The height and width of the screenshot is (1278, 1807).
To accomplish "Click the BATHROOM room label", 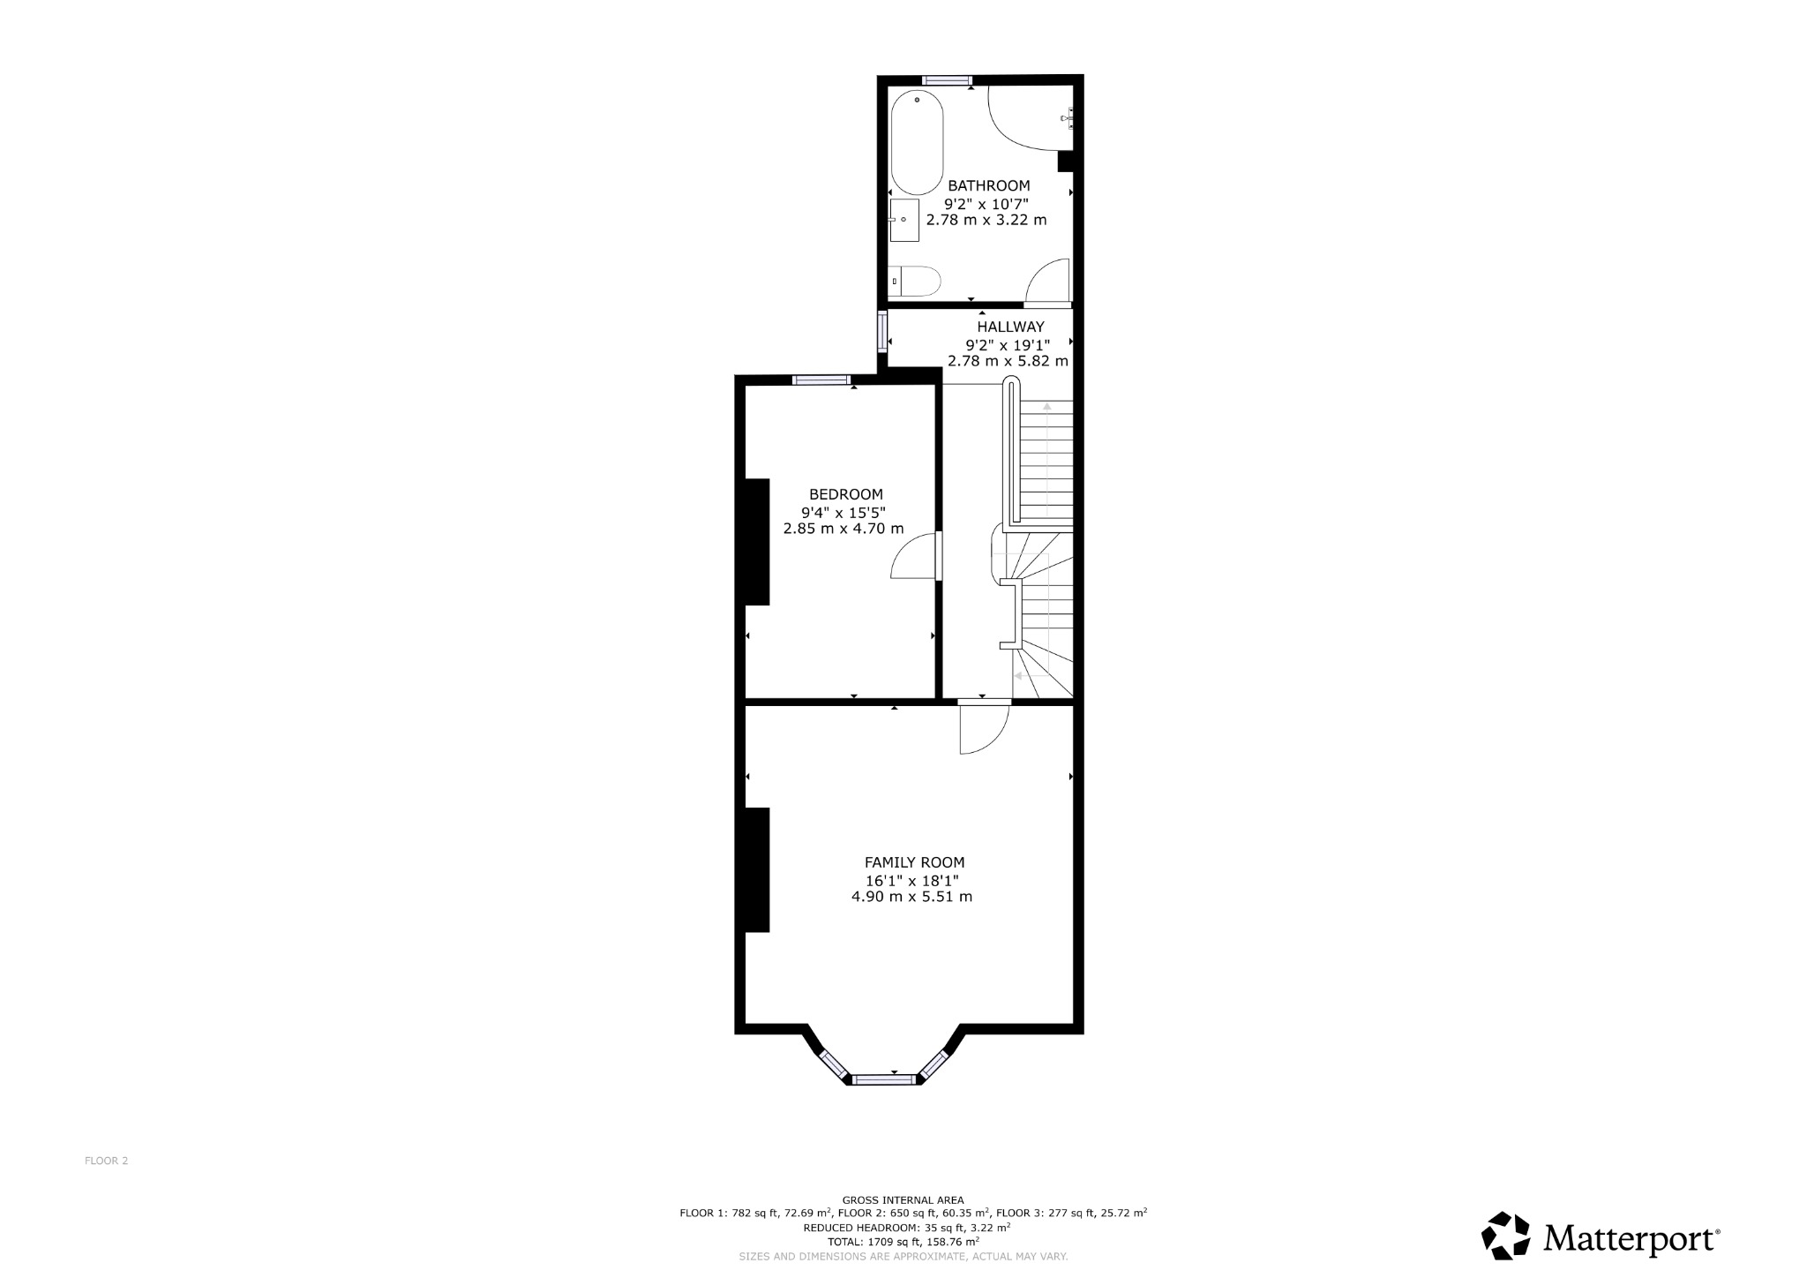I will tap(988, 186).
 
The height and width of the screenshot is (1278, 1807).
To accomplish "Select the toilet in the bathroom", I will tap(914, 282).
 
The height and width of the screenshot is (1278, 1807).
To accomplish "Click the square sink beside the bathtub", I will tap(904, 220).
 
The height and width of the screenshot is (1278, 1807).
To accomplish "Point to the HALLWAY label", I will tap(1010, 327).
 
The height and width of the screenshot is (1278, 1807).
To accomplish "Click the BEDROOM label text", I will tap(845, 494).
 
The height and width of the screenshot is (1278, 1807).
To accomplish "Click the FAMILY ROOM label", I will tap(914, 862).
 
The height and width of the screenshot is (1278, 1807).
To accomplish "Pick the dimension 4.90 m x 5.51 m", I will tap(911, 897).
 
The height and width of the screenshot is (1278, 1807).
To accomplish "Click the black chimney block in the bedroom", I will tap(757, 541).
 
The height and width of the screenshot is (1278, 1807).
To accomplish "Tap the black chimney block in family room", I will tap(757, 869).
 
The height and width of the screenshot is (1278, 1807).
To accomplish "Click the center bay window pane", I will tap(884, 1079).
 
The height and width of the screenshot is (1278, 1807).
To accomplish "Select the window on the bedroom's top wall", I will tap(821, 380).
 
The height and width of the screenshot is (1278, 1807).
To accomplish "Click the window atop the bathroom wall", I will tap(947, 80).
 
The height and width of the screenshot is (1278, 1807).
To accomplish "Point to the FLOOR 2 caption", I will tap(106, 1161).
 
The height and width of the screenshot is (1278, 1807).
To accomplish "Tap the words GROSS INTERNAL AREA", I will tap(903, 1199).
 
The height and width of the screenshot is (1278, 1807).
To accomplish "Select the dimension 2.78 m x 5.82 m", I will tap(1008, 361).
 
